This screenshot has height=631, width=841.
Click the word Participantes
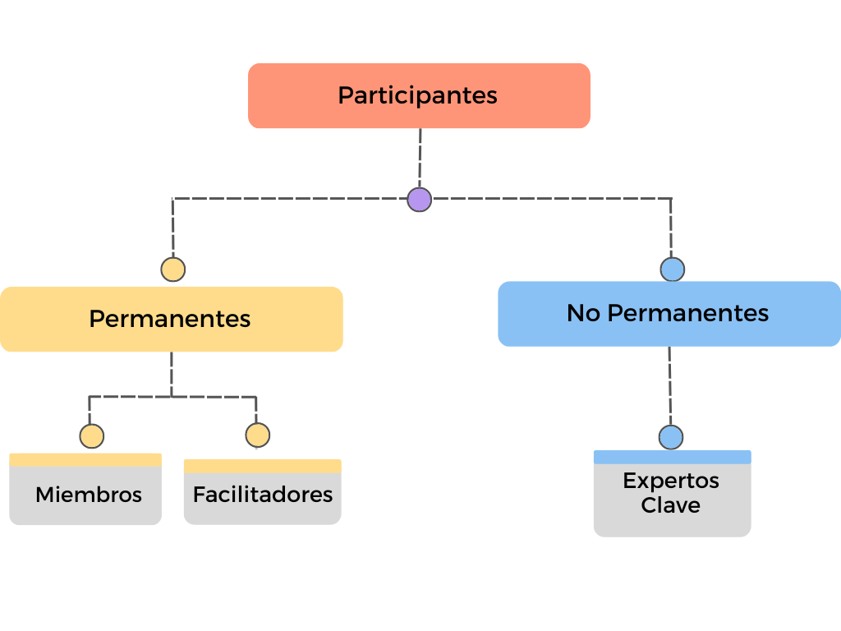tap(417, 96)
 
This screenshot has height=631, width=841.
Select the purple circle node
tap(420, 200)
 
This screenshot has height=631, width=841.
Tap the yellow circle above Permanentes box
tap(173, 269)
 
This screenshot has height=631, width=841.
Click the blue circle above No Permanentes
tap(673, 269)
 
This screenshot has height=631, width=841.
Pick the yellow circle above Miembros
tap(92, 436)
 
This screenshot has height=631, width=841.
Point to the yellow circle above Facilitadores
tap(258, 435)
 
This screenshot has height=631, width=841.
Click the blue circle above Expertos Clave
tap(671, 437)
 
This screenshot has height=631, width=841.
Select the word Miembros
tap(89, 495)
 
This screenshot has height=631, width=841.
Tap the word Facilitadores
tap(263, 495)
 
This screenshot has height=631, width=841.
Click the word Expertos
tap(671, 481)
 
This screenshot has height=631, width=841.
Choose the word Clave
tap(671, 505)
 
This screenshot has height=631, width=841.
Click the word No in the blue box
tap(584, 313)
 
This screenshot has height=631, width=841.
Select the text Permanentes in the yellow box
tap(170, 320)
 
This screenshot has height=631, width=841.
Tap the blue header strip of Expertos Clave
tap(673, 457)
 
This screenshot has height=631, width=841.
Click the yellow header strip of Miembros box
tap(85, 460)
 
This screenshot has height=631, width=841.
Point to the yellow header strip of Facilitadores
tap(263, 466)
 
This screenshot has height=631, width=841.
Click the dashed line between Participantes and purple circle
tap(420, 158)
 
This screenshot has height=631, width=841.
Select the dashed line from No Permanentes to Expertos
tap(670, 386)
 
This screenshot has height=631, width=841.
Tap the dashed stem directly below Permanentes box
tap(172, 374)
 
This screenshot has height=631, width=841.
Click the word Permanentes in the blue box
tap(688, 313)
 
